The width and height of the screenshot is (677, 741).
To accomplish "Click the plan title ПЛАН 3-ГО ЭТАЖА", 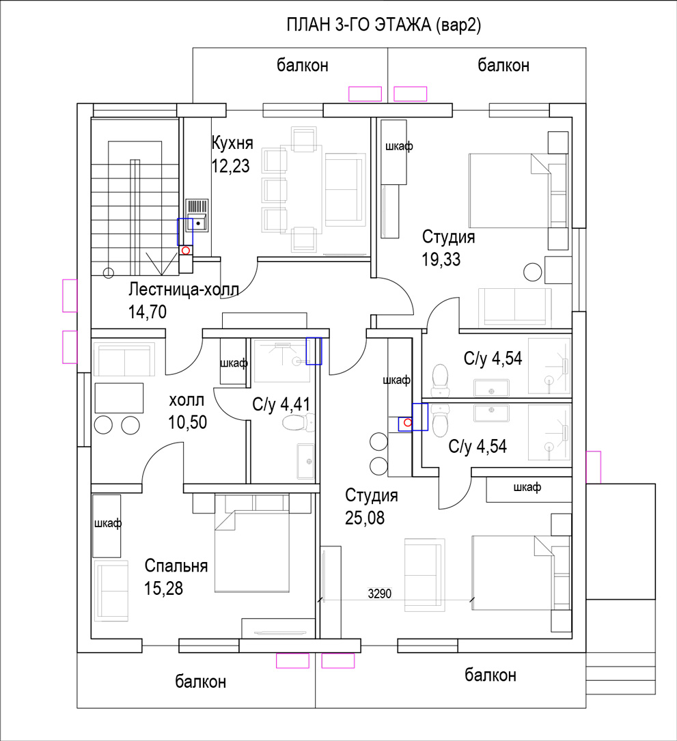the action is (359, 25).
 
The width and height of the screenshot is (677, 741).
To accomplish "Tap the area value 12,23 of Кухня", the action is (230, 167).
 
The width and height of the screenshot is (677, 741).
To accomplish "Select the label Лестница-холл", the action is (184, 289).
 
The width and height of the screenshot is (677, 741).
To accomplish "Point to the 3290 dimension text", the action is (380, 593).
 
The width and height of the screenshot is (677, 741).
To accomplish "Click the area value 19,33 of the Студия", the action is (441, 260).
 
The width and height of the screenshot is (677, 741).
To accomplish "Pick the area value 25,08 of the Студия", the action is (365, 518).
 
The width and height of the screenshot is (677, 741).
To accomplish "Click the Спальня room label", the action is (176, 565).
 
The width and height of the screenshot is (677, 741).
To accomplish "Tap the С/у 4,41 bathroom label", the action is (281, 404).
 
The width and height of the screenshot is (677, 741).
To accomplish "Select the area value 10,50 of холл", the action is (188, 422).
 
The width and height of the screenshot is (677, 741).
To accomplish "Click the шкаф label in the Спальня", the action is (108, 524).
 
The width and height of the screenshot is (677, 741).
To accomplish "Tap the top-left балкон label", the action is (303, 65).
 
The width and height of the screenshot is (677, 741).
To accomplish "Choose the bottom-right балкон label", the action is (491, 675).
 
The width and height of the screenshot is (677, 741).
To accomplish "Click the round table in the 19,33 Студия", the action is (533, 272).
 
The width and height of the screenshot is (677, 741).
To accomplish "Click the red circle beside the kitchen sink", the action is (186, 251).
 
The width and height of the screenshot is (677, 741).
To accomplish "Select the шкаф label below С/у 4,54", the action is (527, 487).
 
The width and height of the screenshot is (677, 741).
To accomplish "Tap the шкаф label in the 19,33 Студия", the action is (399, 147).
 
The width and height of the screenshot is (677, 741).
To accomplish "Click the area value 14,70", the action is (148, 312).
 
